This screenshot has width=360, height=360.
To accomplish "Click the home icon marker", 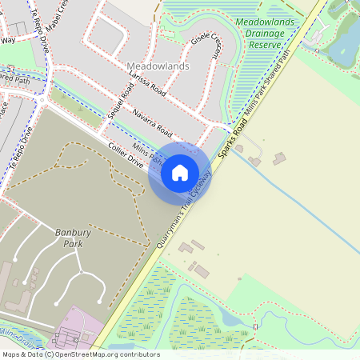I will click(x=180, y=173).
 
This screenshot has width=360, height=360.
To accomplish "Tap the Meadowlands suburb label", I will click(x=158, y=66).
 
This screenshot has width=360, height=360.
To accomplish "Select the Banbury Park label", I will click(x=69, y=238).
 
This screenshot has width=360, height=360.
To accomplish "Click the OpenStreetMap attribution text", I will click(x=81, y=354).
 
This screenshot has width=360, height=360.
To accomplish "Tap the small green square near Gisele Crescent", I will click(x=169, y=33).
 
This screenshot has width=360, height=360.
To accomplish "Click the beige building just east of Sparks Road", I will click(x=278, y=158).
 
